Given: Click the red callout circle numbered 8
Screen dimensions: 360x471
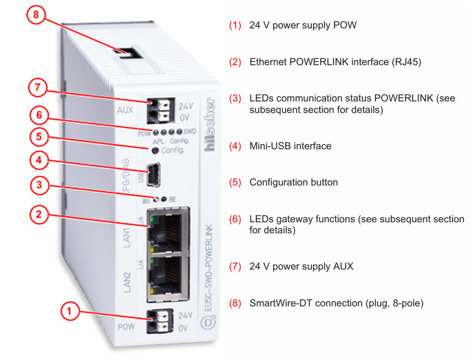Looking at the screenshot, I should (x=36, y=15).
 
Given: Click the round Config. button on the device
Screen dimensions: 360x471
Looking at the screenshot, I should (x=155, y=151).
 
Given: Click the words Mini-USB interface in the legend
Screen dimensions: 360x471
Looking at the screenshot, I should (x=290, y=146).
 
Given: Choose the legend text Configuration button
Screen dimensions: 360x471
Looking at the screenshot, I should (x=294, y=182).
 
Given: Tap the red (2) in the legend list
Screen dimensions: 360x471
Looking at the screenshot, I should (x=235, y=62).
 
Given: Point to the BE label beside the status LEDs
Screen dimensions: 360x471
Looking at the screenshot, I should (x=172, y=199).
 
